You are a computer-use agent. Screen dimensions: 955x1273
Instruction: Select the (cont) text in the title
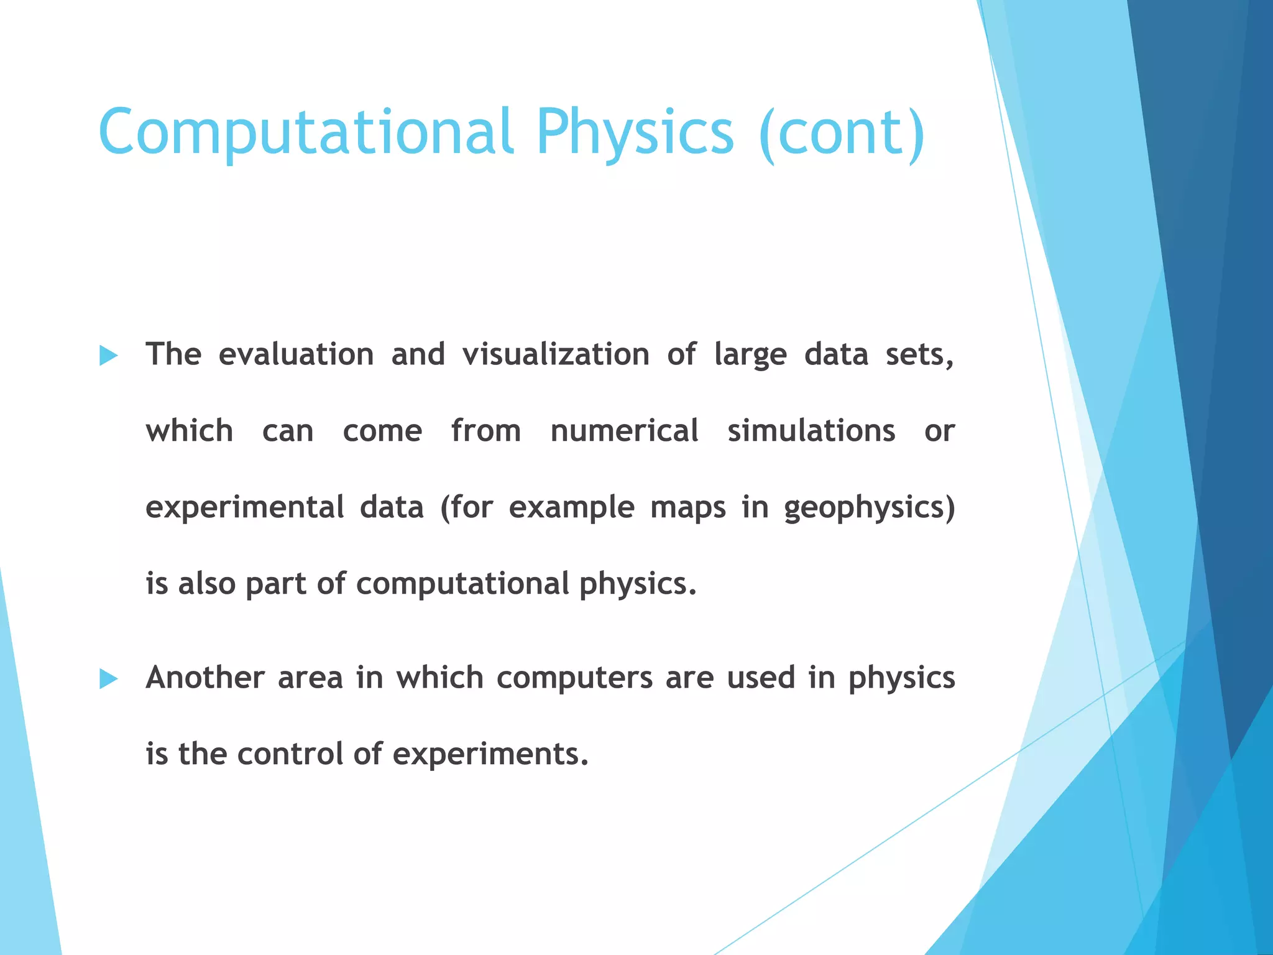[x=842, y=132]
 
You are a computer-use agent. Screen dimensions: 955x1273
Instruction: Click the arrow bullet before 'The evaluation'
[x=109, y=356]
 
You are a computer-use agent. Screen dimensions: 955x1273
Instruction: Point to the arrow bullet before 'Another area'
[x=109, y=679]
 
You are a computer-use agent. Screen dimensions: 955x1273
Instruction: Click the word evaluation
[x=296, y=354]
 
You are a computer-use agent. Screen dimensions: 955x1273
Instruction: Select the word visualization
[x=556, y=354]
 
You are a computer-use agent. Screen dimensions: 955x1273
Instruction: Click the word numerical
[x=624, y=431]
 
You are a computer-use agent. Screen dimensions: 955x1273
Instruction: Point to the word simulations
[x=811, y=431]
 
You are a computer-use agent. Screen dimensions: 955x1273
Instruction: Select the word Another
[x=205, y=677]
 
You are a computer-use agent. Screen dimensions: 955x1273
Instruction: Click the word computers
[x=574, y=678]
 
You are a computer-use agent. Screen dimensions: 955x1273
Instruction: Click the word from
[x=486, y=431]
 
